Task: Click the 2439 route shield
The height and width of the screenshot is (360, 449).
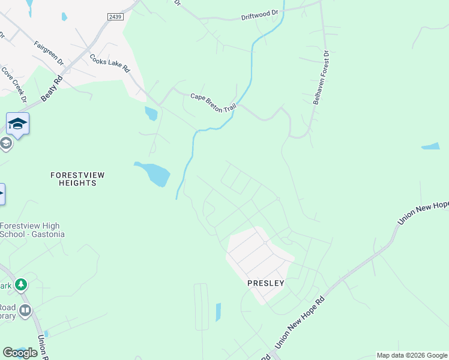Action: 116,17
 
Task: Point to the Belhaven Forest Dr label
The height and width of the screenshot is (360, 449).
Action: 322,78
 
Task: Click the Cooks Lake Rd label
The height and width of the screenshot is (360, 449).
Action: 110,64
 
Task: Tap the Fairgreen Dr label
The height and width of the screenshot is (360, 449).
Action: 49,53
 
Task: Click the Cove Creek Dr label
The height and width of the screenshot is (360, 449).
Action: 14,84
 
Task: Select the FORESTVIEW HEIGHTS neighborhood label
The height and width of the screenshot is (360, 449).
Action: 77,179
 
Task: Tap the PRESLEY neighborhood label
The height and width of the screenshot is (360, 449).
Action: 265,282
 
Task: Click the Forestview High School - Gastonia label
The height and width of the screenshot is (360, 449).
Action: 32,230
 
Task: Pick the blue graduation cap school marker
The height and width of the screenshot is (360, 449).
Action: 17,124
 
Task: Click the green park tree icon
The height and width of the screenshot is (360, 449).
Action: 21,284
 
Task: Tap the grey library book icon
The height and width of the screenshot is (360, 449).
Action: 25,310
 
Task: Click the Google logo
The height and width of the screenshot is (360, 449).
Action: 20,353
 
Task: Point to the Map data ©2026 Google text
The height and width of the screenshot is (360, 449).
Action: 412,355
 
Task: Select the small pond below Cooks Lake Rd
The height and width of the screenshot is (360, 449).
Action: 151,113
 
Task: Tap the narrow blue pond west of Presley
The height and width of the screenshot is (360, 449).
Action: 218,312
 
